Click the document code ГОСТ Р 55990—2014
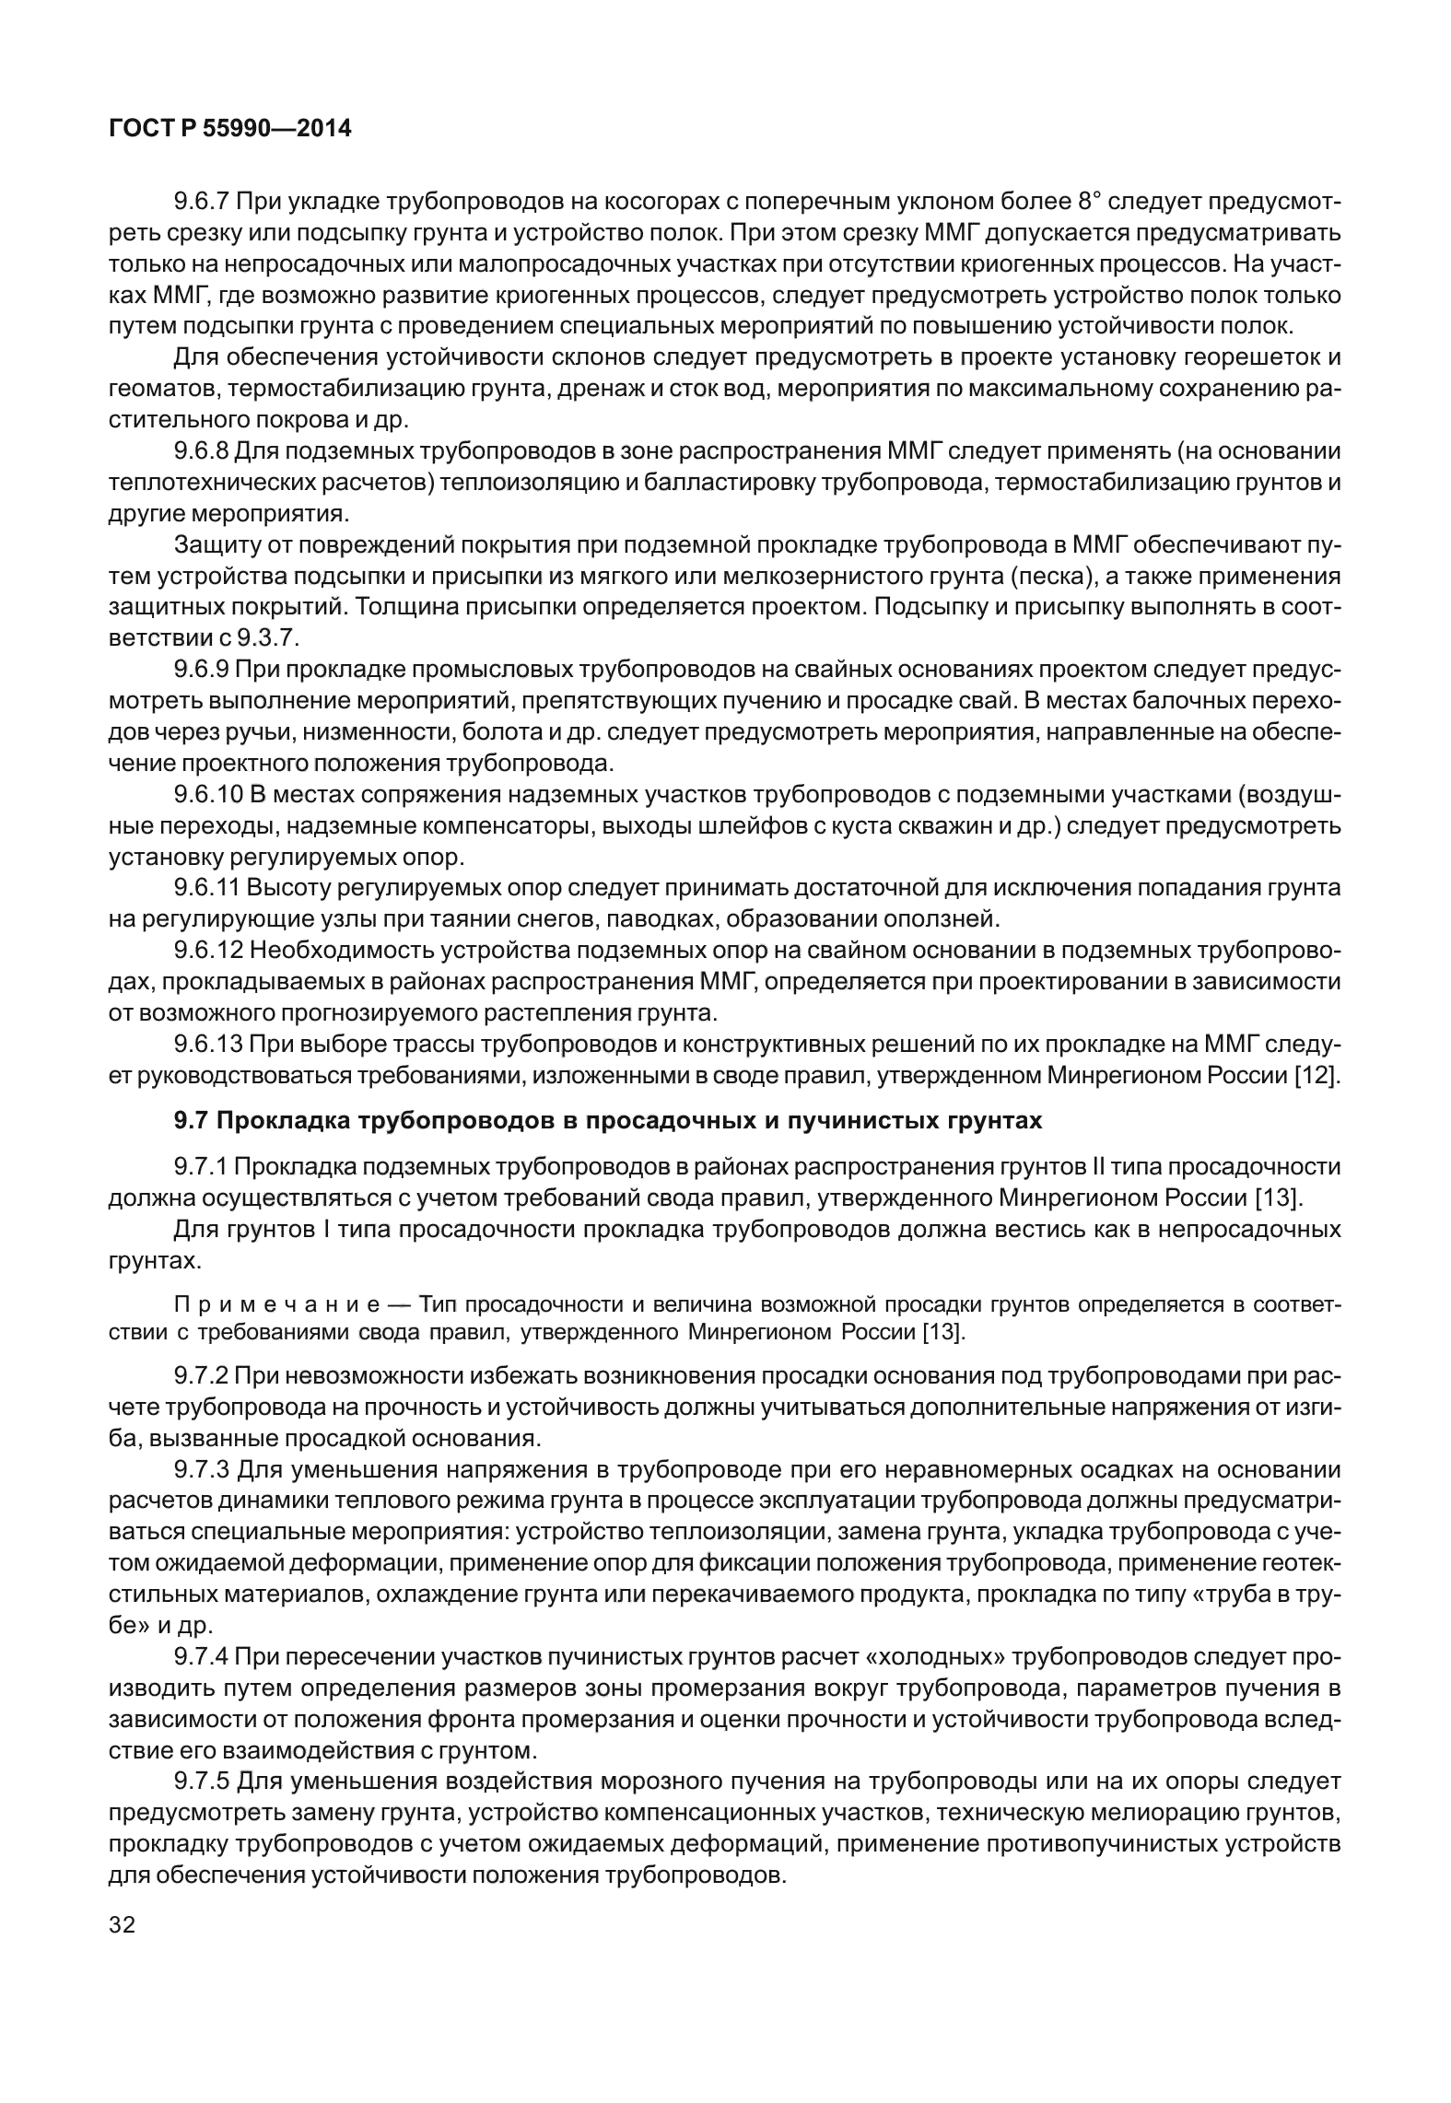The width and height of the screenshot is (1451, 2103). pos(230,129)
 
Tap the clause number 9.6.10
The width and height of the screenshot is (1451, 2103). pos(207,794)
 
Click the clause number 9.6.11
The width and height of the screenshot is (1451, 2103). pos(207,888)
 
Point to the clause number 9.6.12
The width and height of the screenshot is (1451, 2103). pos(207,950)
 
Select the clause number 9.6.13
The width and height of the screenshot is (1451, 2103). pos(207,1044)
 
